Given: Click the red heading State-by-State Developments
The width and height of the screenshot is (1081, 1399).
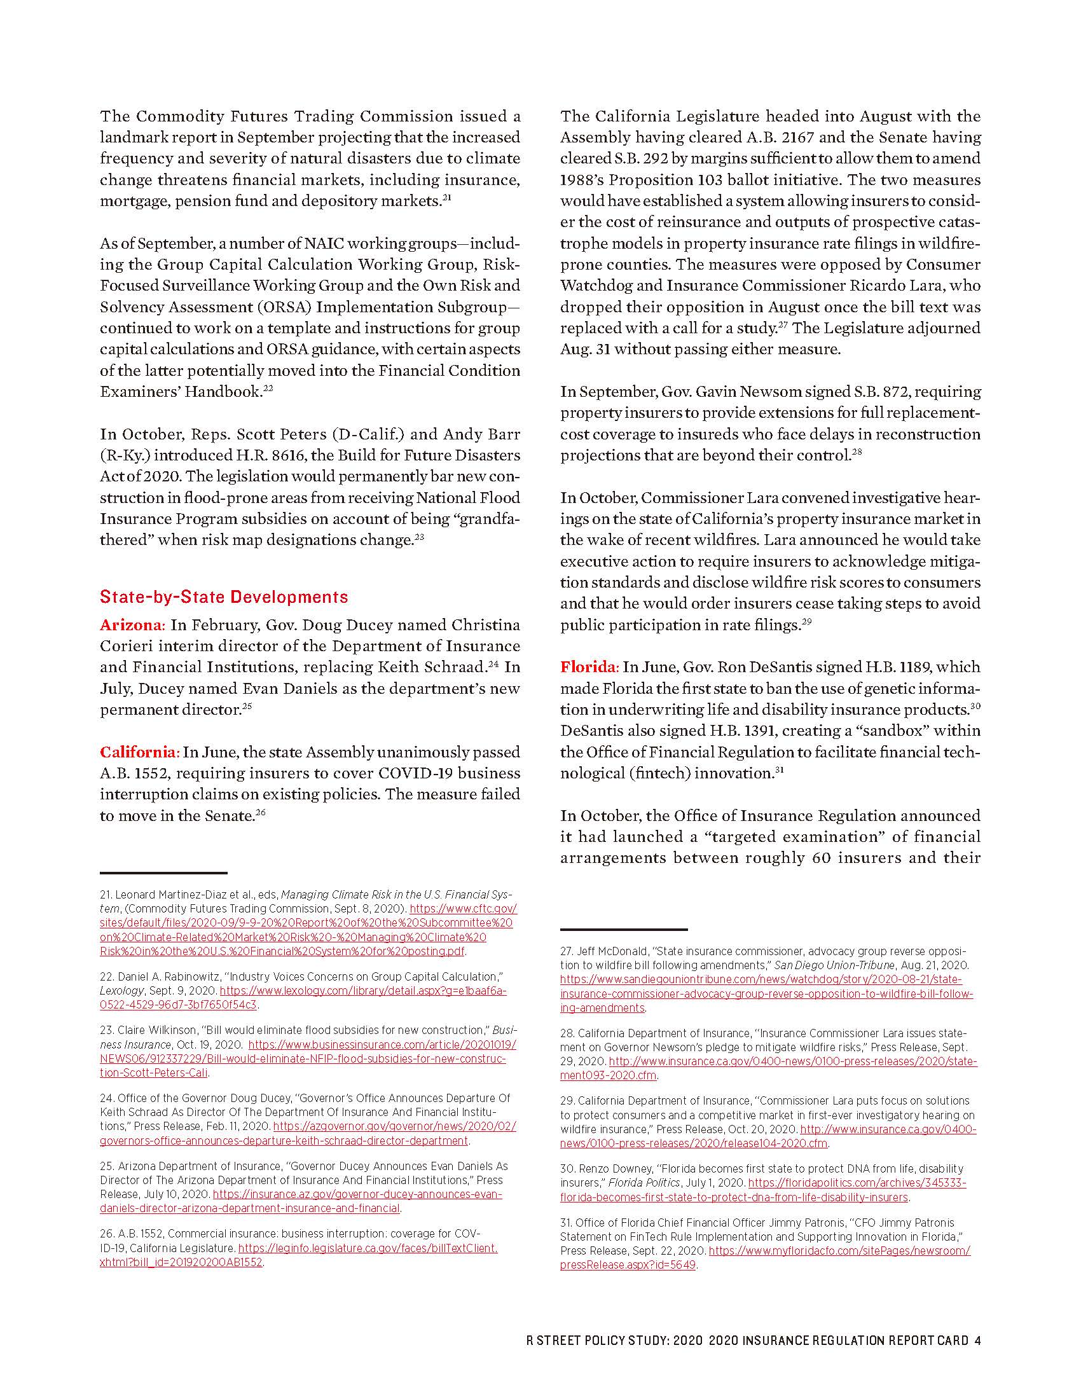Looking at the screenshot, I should (x=223, y=597).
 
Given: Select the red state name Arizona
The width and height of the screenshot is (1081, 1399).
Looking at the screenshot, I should (x=132, y=625).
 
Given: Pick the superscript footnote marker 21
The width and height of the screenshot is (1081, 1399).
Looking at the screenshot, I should (x=447, y=197).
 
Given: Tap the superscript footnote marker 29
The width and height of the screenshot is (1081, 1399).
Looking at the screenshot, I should (x=806, y=621).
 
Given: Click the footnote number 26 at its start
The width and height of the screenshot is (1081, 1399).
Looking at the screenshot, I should (x=106, y=1234).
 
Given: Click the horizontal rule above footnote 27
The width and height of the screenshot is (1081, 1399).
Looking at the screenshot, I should (x=623, y=930).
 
